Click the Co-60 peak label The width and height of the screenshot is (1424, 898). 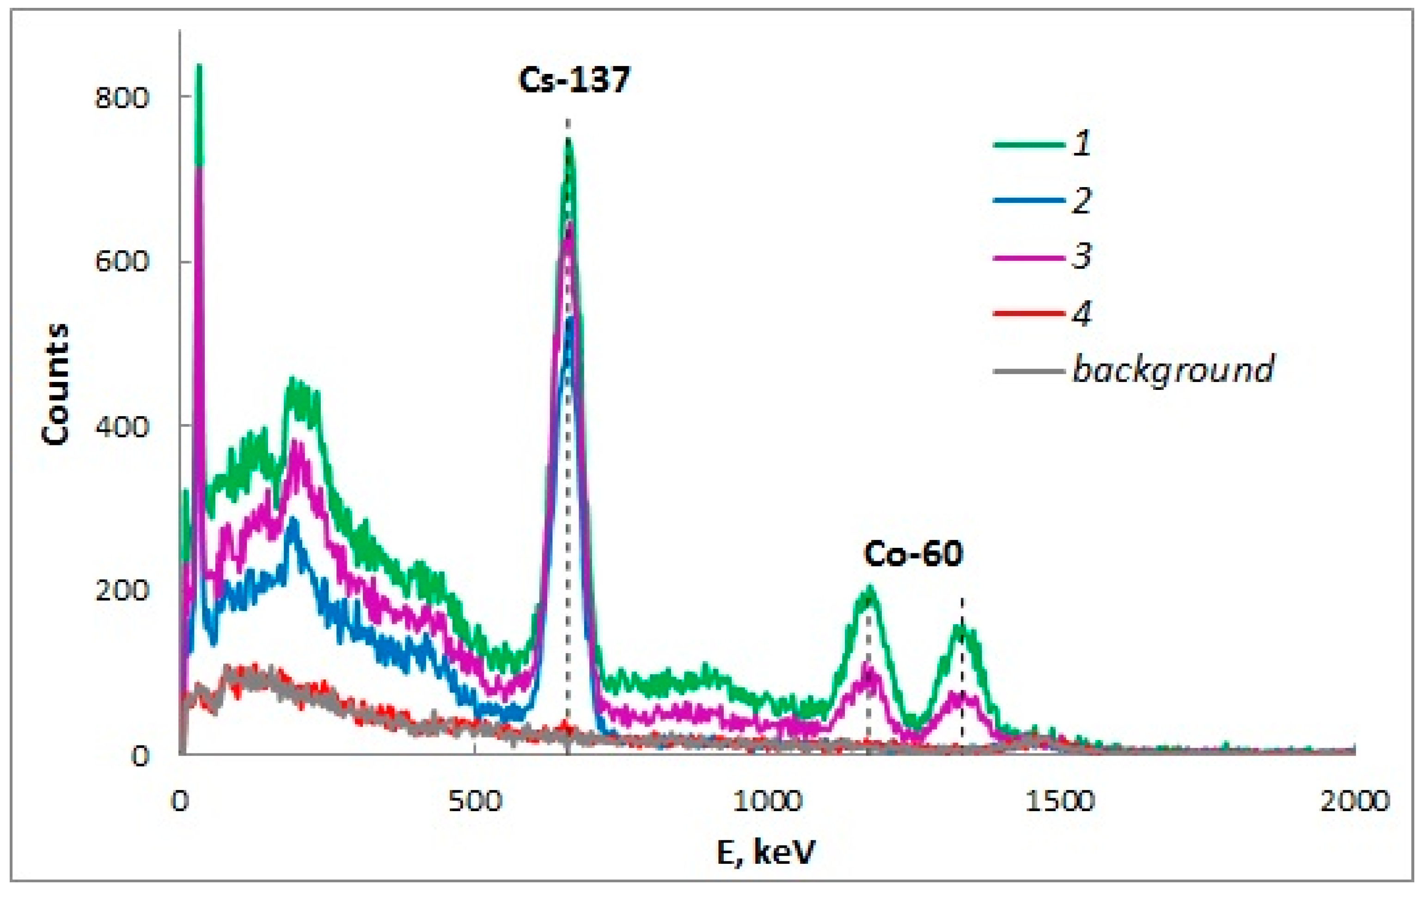pyautogui.click(x=913, y=554)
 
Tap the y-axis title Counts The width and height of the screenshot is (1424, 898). pyautogui.click(x=56, y=384)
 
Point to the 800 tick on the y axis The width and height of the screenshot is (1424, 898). pyautogui.click(x=121, y=97)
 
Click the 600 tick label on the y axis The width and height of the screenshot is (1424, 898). pyautogui.click(x=121, y=261)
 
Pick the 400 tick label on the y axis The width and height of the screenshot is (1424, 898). pyautogui.click(x=121, y=427)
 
